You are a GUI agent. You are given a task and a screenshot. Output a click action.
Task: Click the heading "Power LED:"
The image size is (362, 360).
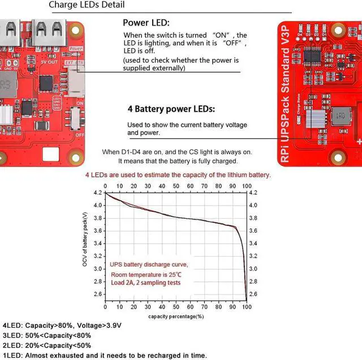tap(146, 23)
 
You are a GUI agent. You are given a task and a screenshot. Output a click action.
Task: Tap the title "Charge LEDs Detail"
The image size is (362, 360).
tap(87, 5)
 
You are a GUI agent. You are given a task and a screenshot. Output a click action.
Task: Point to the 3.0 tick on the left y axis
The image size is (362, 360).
tap(98, 269)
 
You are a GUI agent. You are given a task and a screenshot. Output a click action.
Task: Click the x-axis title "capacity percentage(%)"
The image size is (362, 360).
tap(176, 316)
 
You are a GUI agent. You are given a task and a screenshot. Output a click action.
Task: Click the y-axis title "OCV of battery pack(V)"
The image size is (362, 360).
tap(85, 240)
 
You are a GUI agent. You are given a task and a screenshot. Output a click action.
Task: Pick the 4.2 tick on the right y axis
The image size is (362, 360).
tap(253, 193)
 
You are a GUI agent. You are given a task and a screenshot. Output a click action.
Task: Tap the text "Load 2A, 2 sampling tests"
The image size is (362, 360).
tap(146, 282)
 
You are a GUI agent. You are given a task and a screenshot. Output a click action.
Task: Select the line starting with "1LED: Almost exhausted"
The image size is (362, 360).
tap(105, 355)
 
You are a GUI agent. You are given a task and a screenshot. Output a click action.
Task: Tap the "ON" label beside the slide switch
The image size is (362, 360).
tap(80, 103)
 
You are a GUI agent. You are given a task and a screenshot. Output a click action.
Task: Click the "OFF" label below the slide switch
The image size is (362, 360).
tap(80, 135)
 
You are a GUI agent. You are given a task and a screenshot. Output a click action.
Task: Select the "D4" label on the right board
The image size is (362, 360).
tap(299, 35)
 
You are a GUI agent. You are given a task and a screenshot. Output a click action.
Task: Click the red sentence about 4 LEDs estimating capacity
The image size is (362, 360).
tap(178, 175)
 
